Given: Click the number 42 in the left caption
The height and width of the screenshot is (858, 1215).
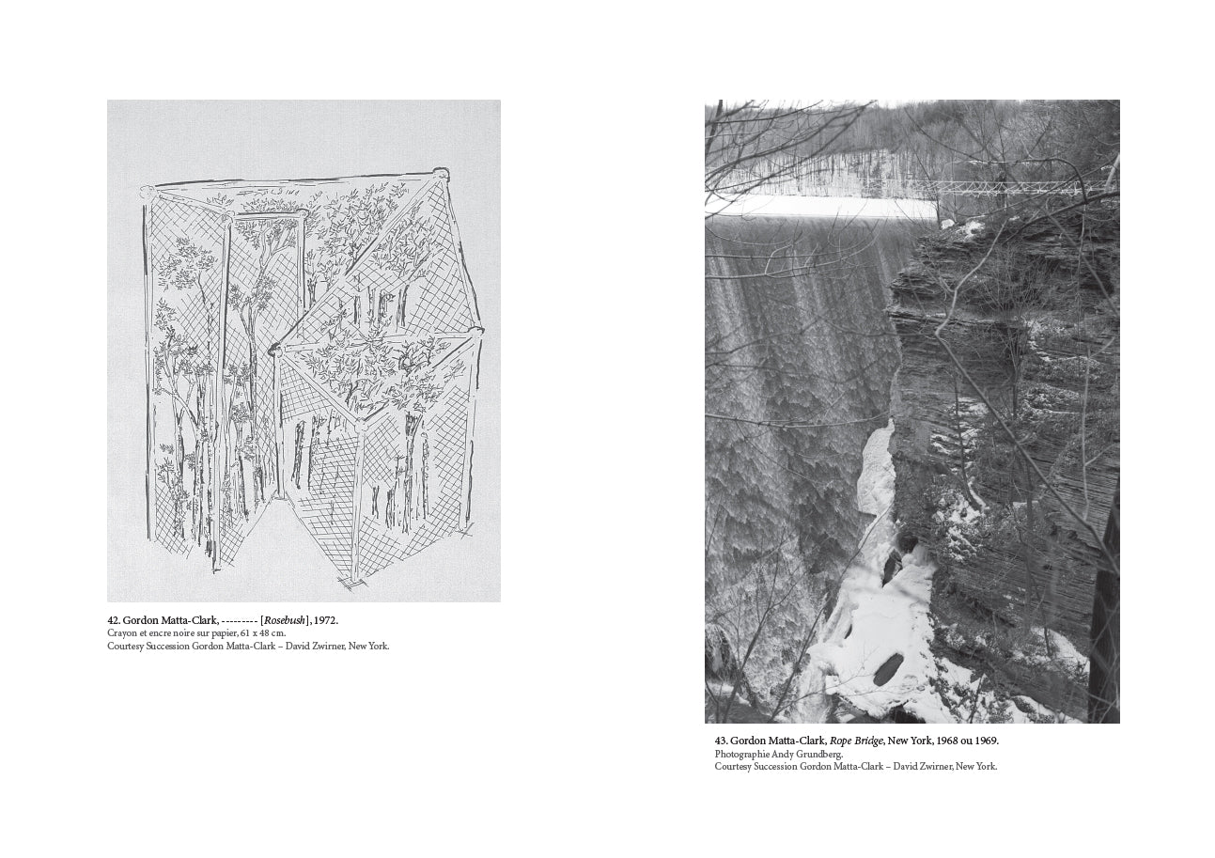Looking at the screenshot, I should tap(113, 620).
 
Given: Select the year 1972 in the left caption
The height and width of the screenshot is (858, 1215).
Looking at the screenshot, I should tap(324, 620).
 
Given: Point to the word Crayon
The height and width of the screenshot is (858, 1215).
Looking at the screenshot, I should tap(120, 633).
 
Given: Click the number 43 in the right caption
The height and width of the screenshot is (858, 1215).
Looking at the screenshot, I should tap(720, 741).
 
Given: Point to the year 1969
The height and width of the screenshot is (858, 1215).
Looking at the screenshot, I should tap(986, 741).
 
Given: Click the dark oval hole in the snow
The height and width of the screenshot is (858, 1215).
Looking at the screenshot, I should tap(887, 669).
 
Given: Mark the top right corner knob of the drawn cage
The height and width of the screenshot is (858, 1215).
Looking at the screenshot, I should tap(442, 174).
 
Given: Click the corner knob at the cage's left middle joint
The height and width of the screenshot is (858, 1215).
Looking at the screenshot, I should tap(275, 350).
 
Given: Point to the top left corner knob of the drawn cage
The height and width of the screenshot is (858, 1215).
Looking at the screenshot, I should tap(147, 192).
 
